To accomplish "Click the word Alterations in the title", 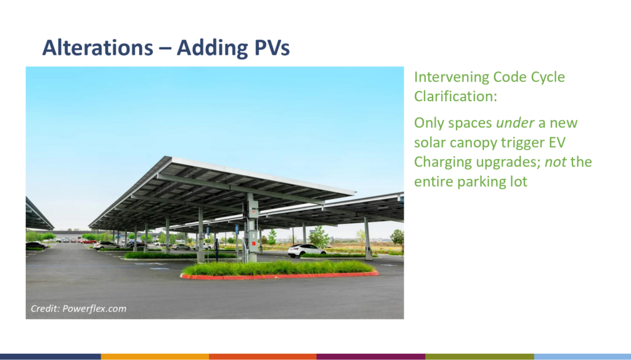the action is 98,47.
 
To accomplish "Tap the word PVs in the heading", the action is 272,47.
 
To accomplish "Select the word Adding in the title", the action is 213,49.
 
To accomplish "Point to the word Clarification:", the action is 455,96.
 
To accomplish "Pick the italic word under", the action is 515,123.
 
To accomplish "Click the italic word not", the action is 555,162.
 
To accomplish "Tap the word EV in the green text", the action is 557,142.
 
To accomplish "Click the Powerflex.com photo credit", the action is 78,308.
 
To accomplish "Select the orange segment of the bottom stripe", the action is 155,357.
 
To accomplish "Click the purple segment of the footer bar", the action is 371,357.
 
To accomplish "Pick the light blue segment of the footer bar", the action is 582,357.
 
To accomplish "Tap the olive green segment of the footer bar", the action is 479,357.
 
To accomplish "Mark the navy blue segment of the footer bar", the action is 51,357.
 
